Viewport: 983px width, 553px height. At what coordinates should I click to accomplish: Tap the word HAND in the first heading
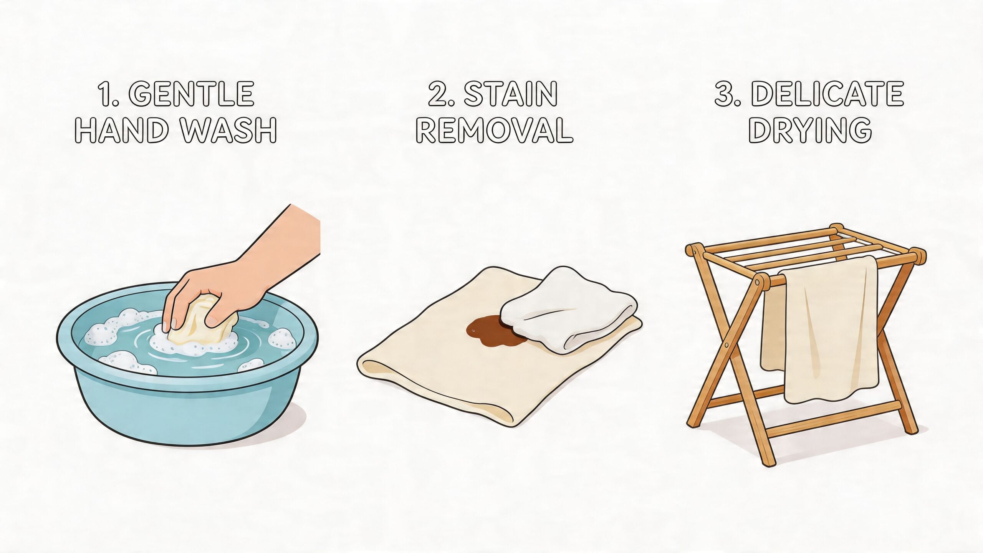pyautogui.click(x=121, y=130)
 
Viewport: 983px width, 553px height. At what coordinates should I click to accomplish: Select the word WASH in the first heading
pyautogui.click(x=229, y=130)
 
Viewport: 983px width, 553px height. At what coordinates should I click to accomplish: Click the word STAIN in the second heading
pyautogui.click(x=511, y=94)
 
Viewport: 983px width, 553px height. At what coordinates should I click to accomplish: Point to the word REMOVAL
pyautogui.click(x=494, y=130)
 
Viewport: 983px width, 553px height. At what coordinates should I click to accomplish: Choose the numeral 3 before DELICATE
pyautogui.click(x=725, y=94)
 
